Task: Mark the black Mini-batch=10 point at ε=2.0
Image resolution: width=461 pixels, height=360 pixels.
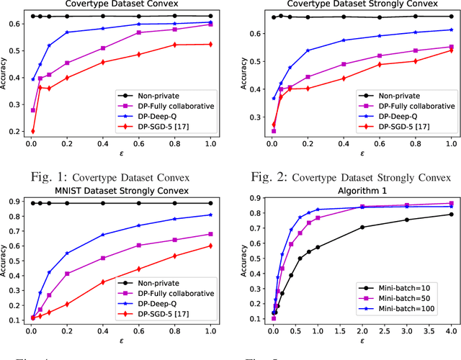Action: click(362, 228)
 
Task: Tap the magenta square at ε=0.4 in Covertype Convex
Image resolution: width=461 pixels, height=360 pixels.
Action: click(104, 48)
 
